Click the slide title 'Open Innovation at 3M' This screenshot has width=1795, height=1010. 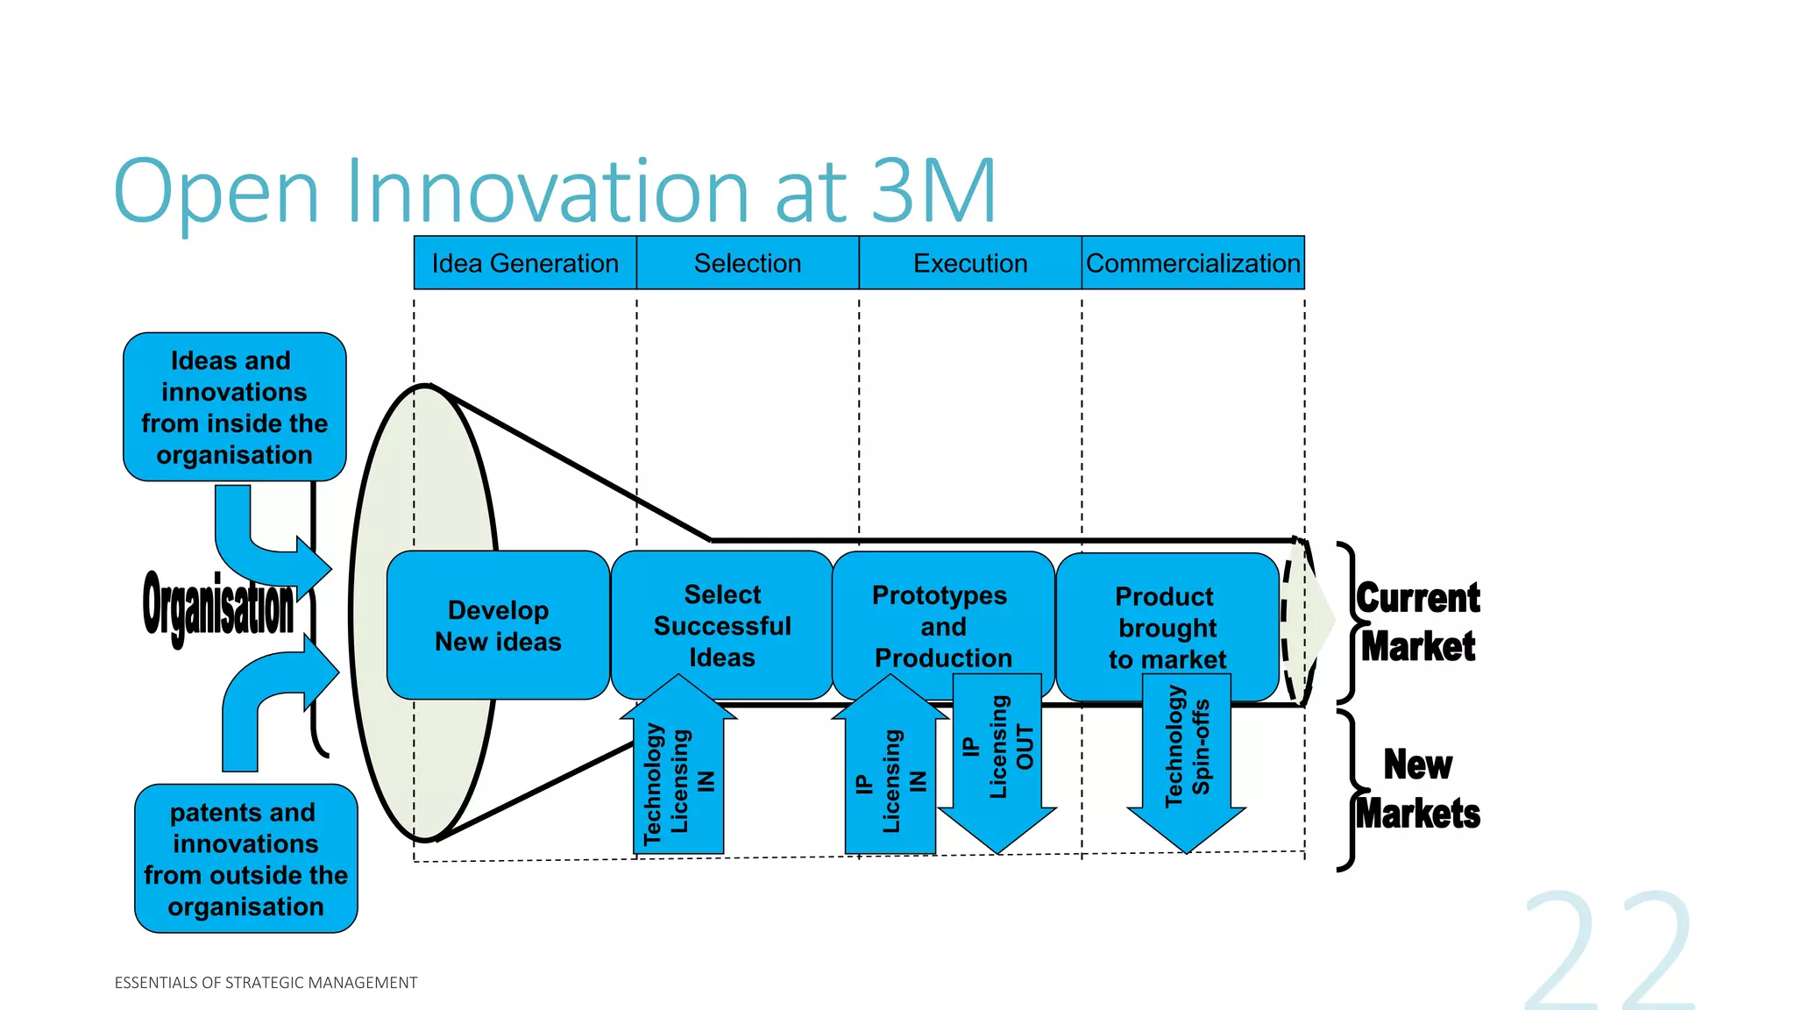click(555, 190)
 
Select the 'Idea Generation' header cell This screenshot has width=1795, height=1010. click(525, 263)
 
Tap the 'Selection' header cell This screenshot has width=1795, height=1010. click(748, 263)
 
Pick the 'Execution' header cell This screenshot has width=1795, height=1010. click(970, 263)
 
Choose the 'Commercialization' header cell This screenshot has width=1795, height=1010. click(1193, 263)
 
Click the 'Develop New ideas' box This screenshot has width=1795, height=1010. click(498, 625)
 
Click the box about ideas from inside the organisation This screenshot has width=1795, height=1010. click(234, 407)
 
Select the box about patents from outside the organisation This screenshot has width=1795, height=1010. click(245, 858)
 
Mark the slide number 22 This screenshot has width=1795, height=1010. click(1608, 951)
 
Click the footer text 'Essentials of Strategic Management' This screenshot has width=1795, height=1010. click(266, 983)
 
